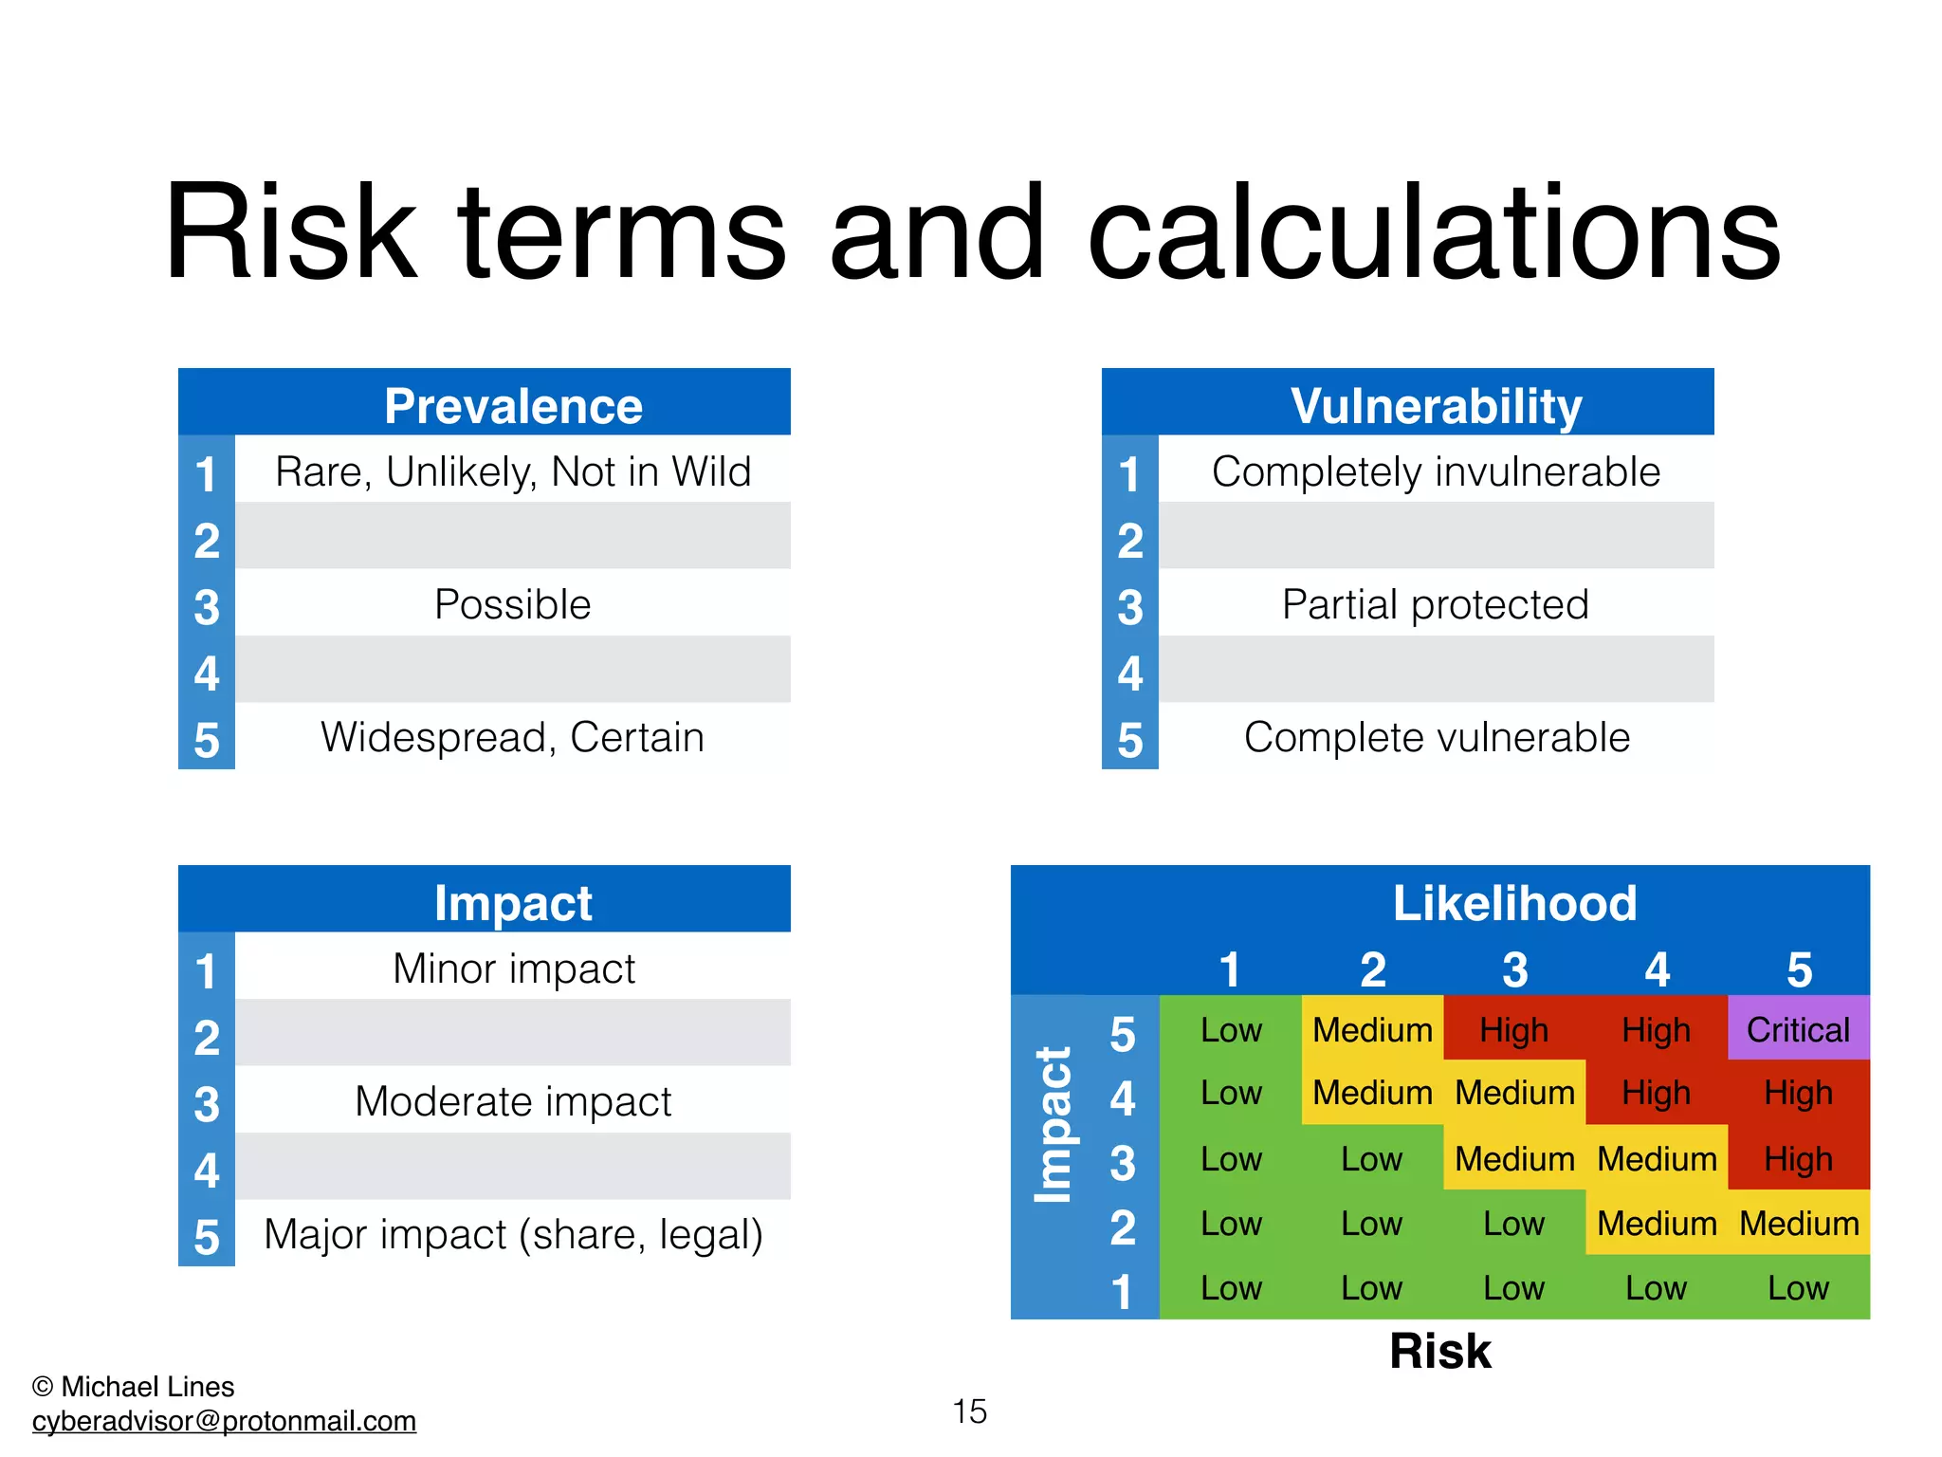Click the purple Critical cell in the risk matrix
coord(1798,1029)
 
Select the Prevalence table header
coord(513,405)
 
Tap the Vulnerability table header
coord(1436,405)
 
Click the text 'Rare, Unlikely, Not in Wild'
coord(513,471)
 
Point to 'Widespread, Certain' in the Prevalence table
coord(513,737)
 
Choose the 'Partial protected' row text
coord(1436,604)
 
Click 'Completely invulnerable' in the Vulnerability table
coord(1436,471)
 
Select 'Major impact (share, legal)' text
coord(513,1234)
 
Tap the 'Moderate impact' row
coord(513,1101)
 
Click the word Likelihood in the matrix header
coord(1514,902)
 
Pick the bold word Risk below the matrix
coord(1439,1351)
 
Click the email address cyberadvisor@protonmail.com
coord(224,1421)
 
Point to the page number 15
coord(969,1411)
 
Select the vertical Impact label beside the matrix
coord(1053,1125)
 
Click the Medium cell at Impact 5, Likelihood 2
coord(1372,1029)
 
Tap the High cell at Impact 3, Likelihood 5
coord(1798,1158)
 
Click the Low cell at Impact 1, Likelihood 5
coord(1798,1288)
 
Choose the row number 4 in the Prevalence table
coord(207,673)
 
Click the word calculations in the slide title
coord(1434,233)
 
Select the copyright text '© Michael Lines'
coord(134,1387)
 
